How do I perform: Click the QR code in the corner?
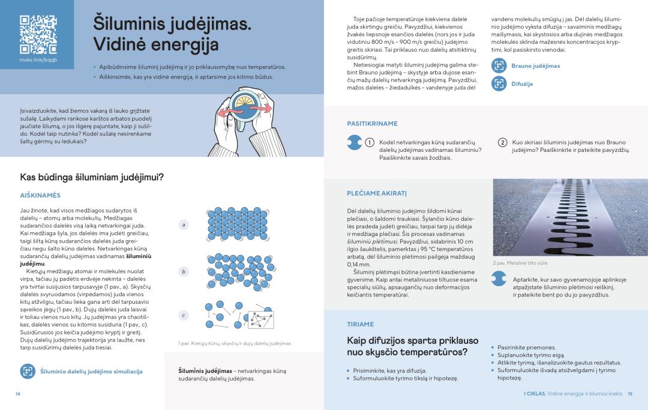38,34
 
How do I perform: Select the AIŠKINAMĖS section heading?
41,195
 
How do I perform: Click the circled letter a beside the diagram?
184,225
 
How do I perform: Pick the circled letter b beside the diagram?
184,272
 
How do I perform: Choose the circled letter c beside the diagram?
184,315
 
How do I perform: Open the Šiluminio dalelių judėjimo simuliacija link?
91,372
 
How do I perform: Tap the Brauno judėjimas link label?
535,66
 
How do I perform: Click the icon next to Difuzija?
499,84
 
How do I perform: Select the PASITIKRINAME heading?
372,124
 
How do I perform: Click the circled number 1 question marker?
370,142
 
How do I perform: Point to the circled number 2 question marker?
503,142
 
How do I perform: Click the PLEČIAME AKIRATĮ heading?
377,193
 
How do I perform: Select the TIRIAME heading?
360,324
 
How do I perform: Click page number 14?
17,394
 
